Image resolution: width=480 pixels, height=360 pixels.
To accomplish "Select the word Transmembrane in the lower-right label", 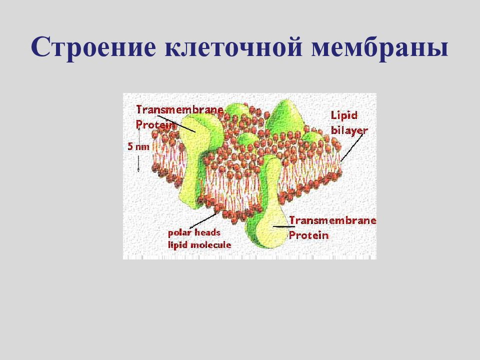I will pyautogui.click(x=332, y=220).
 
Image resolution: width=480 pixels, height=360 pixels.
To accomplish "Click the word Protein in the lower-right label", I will pyautogui.click(x=308, y=235).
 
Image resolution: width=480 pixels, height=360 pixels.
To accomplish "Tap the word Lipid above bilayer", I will pyautogui.click(x=344, y=115).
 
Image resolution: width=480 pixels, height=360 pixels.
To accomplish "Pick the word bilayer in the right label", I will pyautogui.click(x=349, y=130).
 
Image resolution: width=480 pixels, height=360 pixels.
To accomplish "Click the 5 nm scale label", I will pyautogui.click(x=137, y=146).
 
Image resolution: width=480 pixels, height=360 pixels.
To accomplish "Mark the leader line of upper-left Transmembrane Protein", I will pyautogui.click(x=179, y=122).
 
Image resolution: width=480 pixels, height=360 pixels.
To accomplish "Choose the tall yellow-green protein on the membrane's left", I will pyautogui.click(x=192, y=150).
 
